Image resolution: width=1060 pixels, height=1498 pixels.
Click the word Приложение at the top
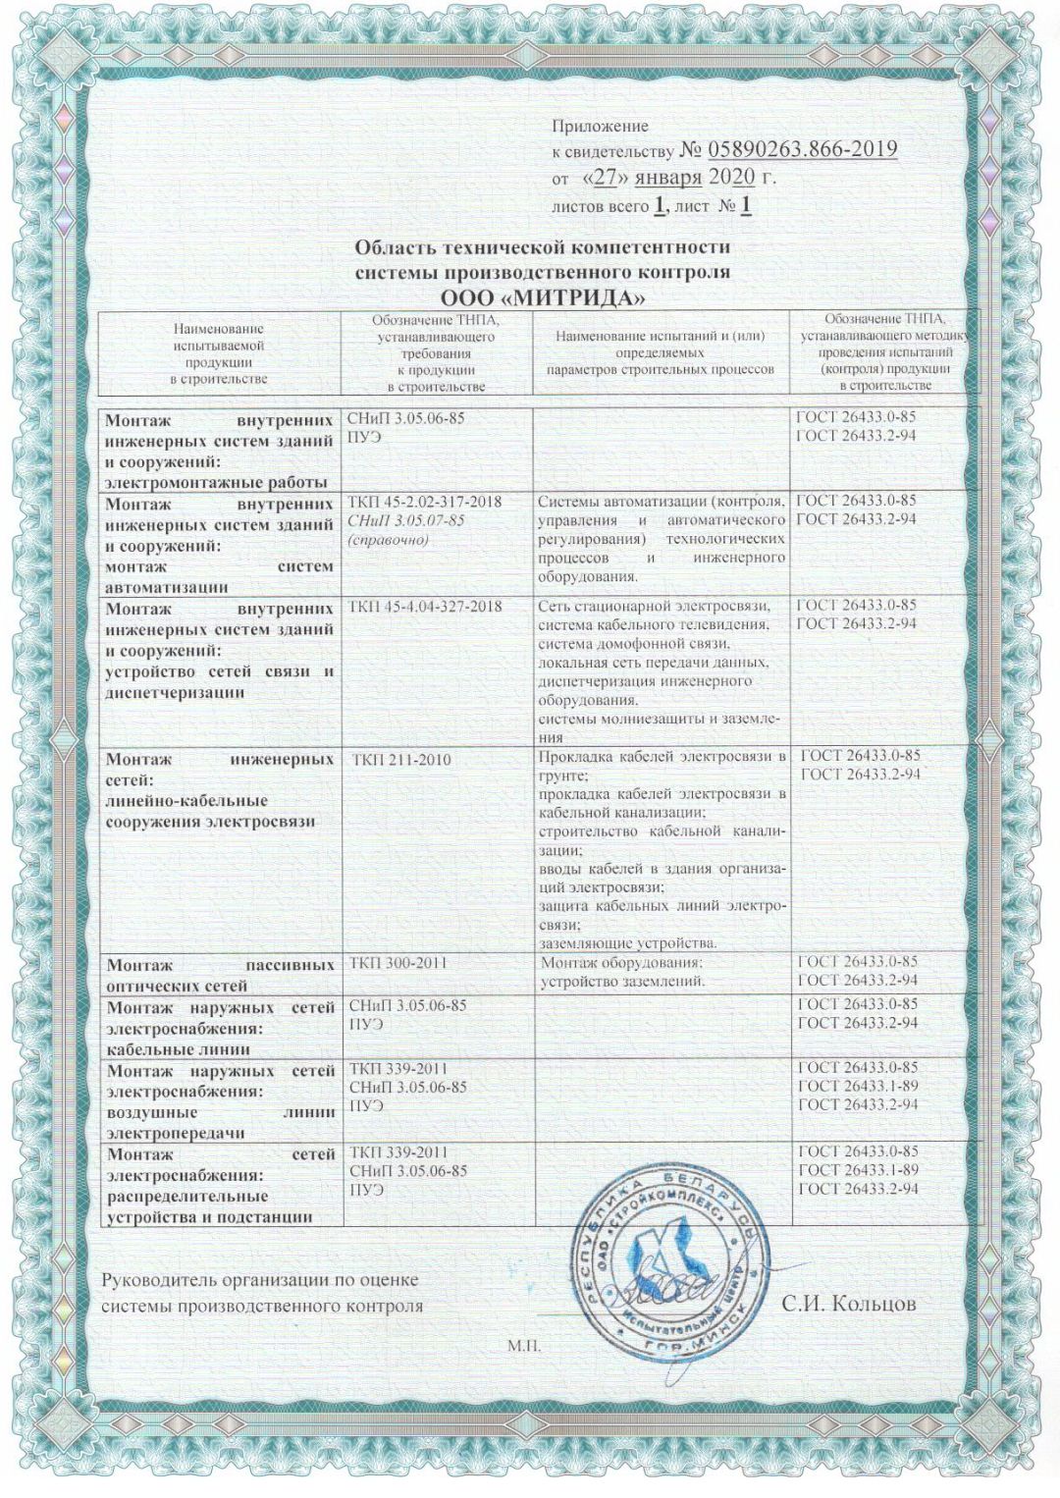tap(600, 126)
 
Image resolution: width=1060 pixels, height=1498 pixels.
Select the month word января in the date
tap(667, 178)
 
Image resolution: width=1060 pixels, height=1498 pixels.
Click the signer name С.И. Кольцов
tap(849, 1304)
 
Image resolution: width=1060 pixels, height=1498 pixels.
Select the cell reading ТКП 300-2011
tap(397, 963)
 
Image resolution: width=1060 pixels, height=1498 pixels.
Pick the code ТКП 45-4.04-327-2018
tap(426, 607)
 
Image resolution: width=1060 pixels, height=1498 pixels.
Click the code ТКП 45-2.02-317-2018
tap(425, 502)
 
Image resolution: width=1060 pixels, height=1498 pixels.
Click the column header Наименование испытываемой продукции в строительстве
tap(218, 353)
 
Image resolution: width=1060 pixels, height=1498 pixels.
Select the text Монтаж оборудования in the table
tap(622, 963)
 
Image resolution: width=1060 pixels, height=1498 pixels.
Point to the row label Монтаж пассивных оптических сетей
tap(220, 975)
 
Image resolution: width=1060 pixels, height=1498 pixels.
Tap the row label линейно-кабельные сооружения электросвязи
tap(210, 812)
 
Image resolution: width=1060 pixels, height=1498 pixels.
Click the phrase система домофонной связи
tap(633, 643)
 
